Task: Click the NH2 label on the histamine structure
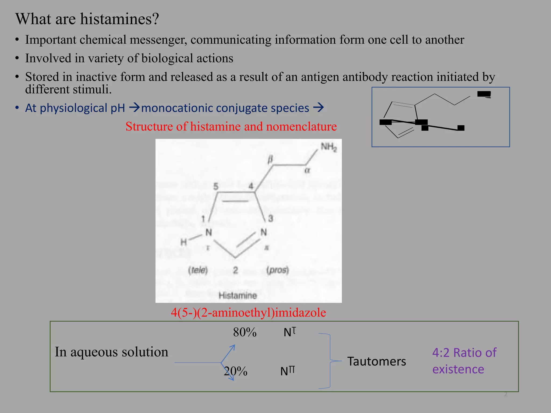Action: [329, 147]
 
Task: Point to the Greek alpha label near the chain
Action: [307, 170]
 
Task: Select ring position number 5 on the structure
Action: [216, 186]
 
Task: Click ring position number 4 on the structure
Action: [251, 186]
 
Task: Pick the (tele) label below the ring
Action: [198, 270]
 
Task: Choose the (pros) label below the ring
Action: [278, 270]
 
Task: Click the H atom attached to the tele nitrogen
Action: [183, 242]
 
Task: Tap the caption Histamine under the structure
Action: [238, 295]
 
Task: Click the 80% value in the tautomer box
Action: [245, 332]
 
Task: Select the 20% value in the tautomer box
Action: [236, 371]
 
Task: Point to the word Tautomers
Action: [376, 361]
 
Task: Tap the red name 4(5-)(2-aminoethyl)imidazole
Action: [248, 312]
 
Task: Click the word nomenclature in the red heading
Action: [301, 126]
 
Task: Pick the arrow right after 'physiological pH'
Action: [134, 108]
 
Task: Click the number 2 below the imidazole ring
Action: [235, 270]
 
